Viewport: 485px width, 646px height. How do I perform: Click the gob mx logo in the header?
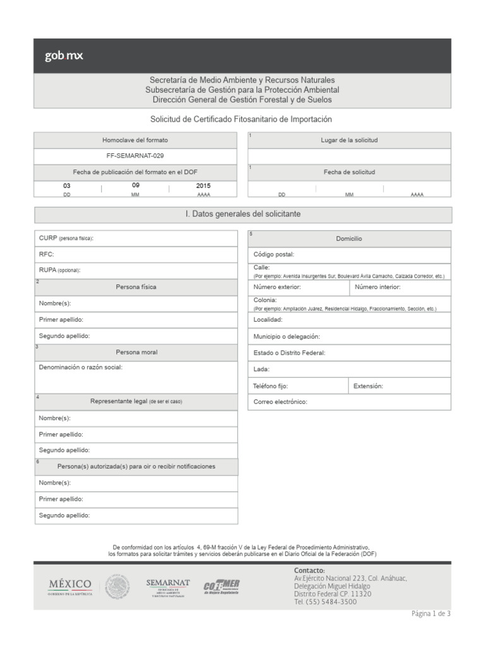(64, 56)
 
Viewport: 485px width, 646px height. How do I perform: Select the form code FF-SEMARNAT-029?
(135, 155)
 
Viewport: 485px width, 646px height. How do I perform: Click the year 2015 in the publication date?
(203, 186)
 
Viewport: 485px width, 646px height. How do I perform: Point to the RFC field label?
(47, 254)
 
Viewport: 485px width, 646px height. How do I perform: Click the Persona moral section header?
(136, 352)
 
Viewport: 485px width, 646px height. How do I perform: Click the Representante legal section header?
(136, 401)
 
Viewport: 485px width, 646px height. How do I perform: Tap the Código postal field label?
(273, 255)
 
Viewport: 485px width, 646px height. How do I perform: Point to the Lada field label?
(261, 369)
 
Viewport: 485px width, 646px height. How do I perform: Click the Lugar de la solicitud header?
(349, 140)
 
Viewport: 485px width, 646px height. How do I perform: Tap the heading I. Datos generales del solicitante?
(242, 214)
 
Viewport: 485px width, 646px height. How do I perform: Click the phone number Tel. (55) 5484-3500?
(325, 602)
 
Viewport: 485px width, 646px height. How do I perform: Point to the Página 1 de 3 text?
(431, 613)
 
